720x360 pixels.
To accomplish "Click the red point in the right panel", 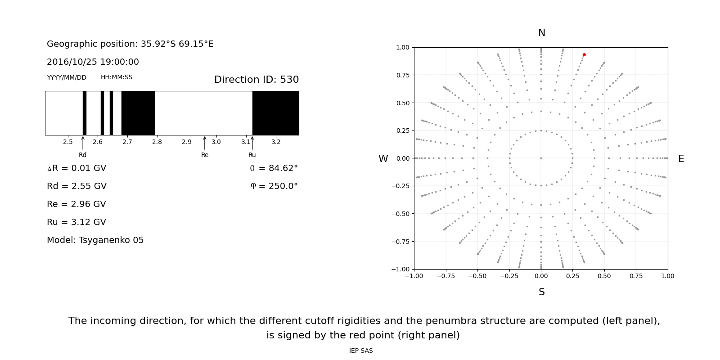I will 584,55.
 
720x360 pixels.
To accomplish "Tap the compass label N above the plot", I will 542,33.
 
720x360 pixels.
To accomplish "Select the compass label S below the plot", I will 542,292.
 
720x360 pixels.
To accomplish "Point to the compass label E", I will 681,159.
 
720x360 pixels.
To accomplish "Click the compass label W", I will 383,159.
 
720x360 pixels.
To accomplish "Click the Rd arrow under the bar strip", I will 83,143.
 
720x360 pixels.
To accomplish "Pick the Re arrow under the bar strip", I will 205,143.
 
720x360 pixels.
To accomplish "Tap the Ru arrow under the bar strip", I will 252,143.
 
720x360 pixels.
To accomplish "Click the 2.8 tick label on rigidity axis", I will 157,142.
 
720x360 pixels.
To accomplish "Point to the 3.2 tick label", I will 276,142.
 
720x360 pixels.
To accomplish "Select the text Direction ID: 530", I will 256,80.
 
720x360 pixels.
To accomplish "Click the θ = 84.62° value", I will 274,168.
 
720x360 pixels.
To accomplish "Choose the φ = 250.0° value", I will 274,186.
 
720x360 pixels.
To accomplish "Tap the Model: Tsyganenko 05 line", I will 95,240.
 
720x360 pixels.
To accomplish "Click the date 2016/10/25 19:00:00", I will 93,62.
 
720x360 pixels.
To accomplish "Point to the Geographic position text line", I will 130,44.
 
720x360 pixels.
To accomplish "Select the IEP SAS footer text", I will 361,351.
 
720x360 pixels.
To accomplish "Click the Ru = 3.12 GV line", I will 76,222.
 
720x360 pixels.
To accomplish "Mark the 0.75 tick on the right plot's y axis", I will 403,75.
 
